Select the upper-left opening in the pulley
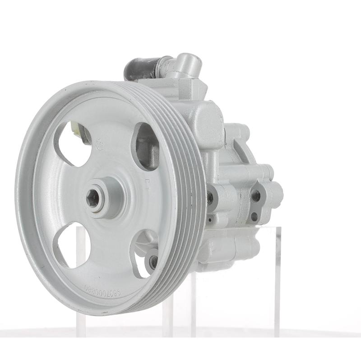(x=72, y=142)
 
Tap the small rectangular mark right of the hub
(x=147, y=185)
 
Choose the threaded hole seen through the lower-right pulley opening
(x=153, y=260)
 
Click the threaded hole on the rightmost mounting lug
(x=255, y=195)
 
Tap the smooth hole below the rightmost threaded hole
(x=254, y=217)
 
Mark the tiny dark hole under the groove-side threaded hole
(x=210, y=220)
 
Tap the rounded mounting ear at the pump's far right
(x=275, y=194)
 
